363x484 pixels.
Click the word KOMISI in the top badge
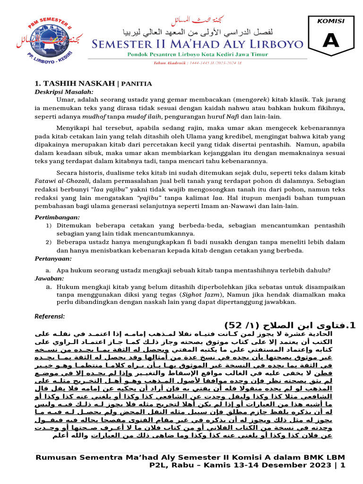[331, 21]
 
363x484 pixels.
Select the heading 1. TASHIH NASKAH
[76, 83]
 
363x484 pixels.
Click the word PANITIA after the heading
[137, 84]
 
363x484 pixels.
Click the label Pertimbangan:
[58, 217]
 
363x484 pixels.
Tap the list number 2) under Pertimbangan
[49, 242]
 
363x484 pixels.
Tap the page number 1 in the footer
[343, 465]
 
